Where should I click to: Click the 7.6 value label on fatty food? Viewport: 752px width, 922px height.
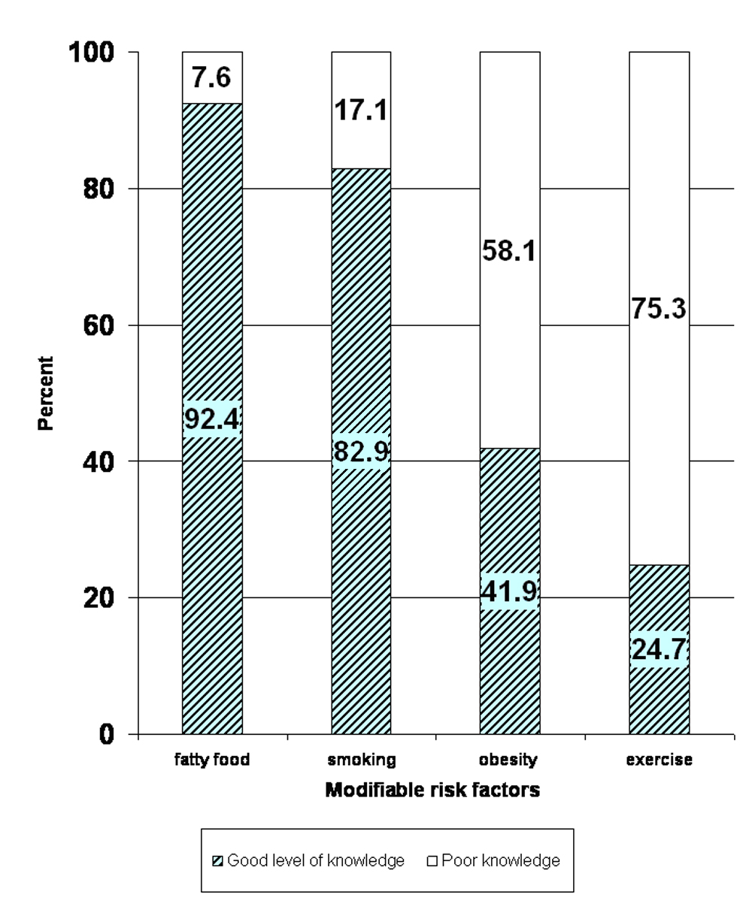(211, 77)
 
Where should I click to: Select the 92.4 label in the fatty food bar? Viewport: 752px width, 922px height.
(212, 419)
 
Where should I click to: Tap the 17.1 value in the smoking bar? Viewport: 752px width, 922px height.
(361, 110)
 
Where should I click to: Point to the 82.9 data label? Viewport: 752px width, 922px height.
(361, 452)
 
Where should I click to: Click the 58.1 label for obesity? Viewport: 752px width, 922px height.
(509, 251)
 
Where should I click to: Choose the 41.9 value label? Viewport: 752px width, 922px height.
(510, 591)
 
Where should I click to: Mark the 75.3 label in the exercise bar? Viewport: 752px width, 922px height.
(659, 309)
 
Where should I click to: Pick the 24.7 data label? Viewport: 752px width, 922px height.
(660, 649)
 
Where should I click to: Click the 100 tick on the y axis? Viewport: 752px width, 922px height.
(92, 53)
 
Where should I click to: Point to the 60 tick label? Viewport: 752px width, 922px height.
(99, 325)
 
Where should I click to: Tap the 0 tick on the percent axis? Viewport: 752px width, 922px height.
(107, 735)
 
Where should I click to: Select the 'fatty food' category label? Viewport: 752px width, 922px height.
(212, 760)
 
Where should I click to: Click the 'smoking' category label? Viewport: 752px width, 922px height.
(362, 760)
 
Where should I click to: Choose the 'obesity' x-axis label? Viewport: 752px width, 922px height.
(508, 760)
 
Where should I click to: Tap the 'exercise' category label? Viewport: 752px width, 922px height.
(660, 760)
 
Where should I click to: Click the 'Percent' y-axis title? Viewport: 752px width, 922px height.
(45, 393)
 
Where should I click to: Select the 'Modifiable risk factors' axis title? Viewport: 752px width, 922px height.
(432, 791)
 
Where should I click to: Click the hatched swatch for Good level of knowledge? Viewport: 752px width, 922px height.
(217, 861)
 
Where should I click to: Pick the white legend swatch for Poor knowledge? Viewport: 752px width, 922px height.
(432, 861)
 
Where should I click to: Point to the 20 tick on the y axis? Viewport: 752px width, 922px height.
(99, 598)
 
